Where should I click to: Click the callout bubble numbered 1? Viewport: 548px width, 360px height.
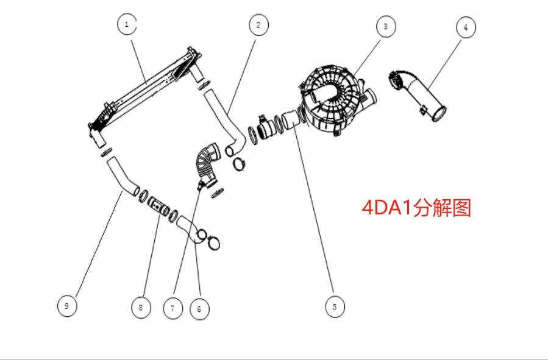tap(126, 24)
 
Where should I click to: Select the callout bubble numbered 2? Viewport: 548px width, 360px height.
tap(258, 24)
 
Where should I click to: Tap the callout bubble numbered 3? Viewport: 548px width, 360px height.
tap(385, 26)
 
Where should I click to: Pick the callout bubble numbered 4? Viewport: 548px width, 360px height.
tap(466, 27)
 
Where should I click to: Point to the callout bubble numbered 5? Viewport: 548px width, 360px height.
tap(334, 306)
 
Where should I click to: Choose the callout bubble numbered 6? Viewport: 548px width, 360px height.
tap(199, 309)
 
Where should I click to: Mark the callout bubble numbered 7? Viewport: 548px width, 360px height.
tap(173, 308)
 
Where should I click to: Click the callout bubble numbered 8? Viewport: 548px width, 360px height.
tap(141, 307)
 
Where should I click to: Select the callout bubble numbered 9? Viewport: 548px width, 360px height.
tap(67, 305)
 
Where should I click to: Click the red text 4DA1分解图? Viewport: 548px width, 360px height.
tap(417, 208)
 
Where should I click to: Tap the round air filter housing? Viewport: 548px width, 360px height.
tap(335, 101)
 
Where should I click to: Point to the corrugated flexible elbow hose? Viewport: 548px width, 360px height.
tap(206, 161)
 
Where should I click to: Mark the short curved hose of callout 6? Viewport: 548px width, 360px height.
tap(189, 230)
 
